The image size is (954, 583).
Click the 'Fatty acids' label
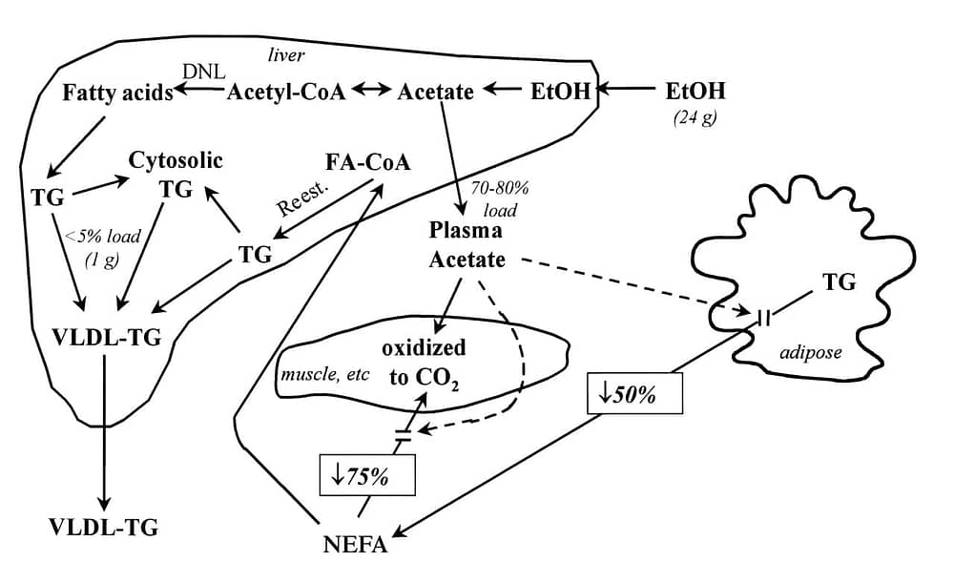117,93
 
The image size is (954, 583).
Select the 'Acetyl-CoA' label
286,92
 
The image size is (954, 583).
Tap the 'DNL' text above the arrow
204,72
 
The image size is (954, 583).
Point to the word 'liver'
286,55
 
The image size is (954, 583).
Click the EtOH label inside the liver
560,92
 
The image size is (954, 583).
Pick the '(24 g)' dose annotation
695,116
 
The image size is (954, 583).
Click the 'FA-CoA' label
367,162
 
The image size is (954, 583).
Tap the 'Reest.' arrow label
302,198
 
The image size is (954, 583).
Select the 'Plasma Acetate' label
467,244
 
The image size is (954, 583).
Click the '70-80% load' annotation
500,199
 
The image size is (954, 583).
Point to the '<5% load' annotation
102,236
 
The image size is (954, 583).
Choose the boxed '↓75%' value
367,474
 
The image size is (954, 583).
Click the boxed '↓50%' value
634,393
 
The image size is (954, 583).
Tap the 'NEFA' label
355,544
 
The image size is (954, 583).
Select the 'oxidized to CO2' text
424,364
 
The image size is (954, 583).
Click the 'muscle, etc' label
324,374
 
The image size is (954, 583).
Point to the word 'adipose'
810,352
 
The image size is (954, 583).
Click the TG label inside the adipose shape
839,281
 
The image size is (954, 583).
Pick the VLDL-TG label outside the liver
103,527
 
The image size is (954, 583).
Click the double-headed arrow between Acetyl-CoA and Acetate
371,90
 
